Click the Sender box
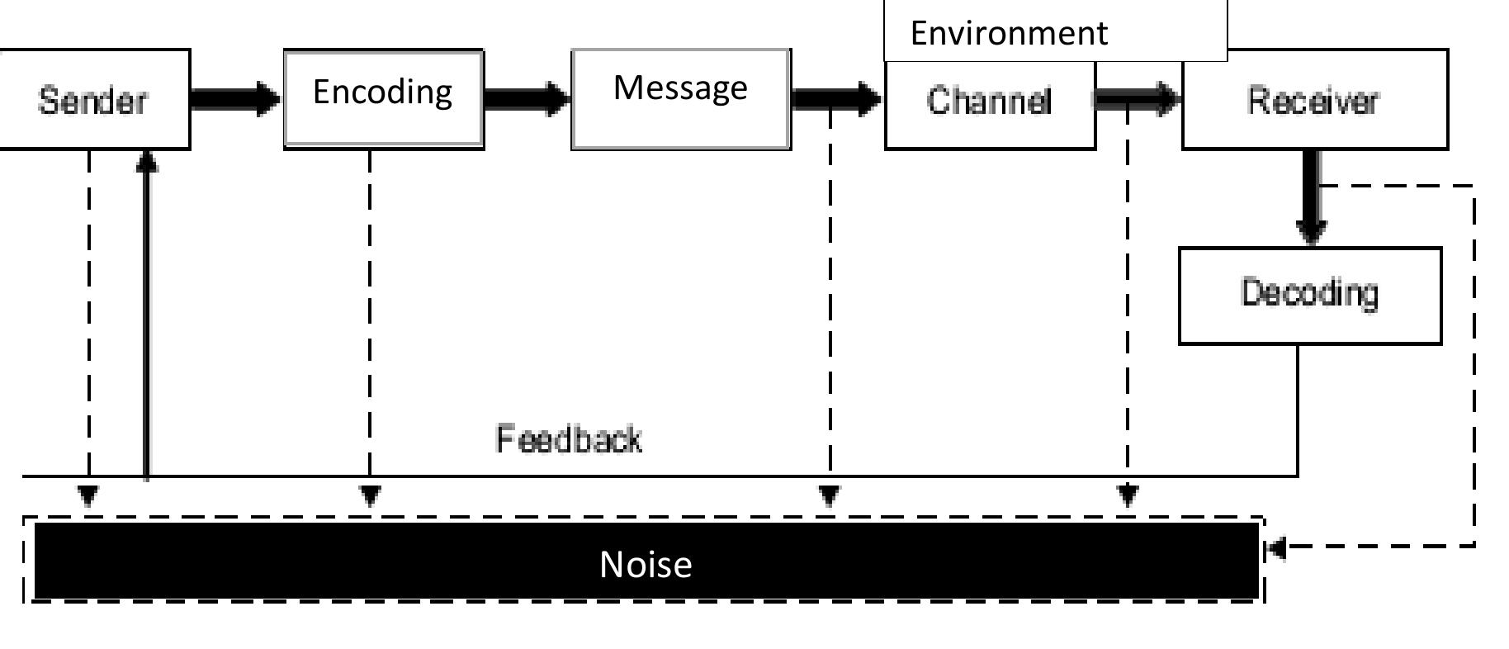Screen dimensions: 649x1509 93,100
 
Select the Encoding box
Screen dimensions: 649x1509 383,98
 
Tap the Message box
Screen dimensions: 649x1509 680,98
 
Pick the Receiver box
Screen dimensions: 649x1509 1314,100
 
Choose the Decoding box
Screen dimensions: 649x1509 1309,295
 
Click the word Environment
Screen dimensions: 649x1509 1008,33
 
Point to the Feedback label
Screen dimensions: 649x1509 568,439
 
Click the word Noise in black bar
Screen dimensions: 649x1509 646,564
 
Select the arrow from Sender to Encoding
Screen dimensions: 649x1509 236,99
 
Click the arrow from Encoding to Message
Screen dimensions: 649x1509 527,99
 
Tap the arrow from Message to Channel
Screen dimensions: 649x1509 835,99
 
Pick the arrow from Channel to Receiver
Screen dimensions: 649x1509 1138,99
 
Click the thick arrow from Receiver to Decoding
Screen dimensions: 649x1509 1311,198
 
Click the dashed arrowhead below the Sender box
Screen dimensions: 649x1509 88,496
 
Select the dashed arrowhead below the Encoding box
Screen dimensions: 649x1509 371,496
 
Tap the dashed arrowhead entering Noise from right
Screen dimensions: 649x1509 1276,547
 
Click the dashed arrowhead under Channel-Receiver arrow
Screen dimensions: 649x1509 1128,496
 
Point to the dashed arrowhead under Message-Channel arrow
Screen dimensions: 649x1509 830,496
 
